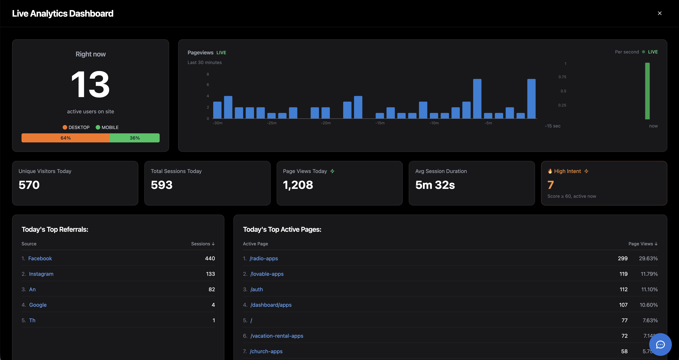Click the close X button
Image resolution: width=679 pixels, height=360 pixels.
point(660,13)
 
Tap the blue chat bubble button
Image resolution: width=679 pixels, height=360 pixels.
point(660,345)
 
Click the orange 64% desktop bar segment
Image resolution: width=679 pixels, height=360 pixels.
point(66,138)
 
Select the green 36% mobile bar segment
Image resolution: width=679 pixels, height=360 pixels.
point(135,138)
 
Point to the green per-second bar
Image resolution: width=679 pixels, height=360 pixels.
point(647,91)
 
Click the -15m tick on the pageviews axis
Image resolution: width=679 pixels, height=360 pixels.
point(380,123)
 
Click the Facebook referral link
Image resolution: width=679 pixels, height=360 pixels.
point(40,258)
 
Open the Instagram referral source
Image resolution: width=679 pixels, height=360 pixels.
point(41,274)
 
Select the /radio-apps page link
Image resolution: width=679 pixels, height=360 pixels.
point(264,258)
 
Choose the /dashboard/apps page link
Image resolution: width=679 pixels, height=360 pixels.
point(271,305)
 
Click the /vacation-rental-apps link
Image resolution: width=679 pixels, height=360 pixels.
point(277,336)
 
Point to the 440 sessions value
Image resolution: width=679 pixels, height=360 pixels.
point(210,258)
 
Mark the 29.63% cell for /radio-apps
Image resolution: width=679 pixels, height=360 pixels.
point(648,258)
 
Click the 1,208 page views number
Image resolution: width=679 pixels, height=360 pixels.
point(298,185)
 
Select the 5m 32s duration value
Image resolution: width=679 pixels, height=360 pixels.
point(435,185)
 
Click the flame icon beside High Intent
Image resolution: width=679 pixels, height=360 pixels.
point(550,171)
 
